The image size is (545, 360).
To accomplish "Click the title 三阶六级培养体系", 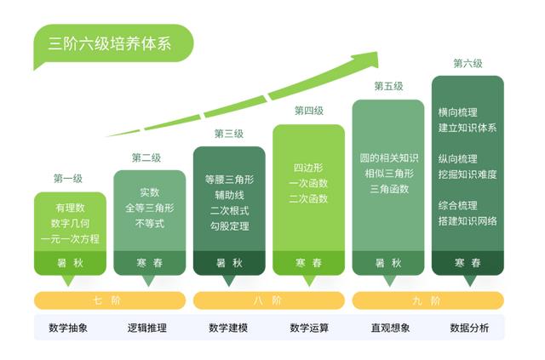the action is tap(110, 43).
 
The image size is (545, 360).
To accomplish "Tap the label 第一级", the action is tap(68, 179).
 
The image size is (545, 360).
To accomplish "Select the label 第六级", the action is tap(468, 63).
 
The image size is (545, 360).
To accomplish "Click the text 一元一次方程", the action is tap(70, 239).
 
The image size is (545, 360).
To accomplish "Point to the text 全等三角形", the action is tap(150, 208).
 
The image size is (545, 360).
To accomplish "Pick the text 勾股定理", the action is tap(229, 226).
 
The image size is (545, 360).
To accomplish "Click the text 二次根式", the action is tap(229, 210).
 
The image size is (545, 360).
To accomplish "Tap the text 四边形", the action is tap(308, 168).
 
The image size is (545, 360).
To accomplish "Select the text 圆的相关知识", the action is tap(389, 158).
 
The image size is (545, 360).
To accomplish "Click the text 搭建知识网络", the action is tap(468, 221).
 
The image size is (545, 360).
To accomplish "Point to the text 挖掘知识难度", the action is tap(468, 174).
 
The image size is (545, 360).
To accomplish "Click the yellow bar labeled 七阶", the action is tap(110, 300).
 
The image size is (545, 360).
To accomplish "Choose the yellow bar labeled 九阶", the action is tap(428, 300).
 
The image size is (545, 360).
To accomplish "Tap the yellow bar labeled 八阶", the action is tap(269, 300).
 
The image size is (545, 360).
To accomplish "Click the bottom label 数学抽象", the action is tap(68, 328).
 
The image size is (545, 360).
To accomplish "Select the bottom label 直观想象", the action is tap(390, 328).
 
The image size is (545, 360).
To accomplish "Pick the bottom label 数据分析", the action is tap(469, 328).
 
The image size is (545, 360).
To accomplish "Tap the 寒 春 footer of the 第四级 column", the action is tap(308, 263).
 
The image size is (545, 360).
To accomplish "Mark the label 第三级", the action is tap(229, 134).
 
